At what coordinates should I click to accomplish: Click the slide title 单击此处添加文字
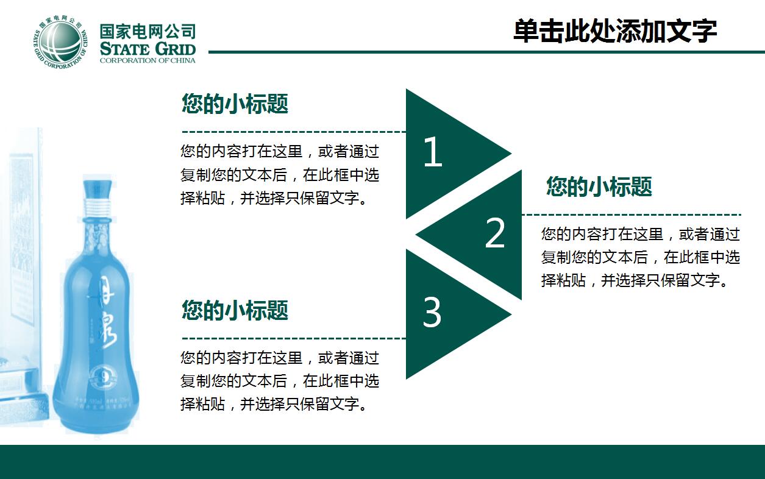[x=614, y=31]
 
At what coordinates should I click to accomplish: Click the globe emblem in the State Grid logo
[x=59, y=41]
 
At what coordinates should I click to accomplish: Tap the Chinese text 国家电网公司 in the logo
[x=148, y=30]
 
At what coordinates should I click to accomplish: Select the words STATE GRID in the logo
[x=148, y=49]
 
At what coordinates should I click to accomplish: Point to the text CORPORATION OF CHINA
[x=148, y=60]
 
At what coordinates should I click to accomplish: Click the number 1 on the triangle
[x=432, y=152]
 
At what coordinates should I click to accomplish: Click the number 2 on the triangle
[x=495, y=233]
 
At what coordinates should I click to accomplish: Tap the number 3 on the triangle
[x=432, y=313]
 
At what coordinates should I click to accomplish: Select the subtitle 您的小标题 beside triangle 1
[x=235, y=104]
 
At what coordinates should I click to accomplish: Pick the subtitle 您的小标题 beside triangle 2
[x=599, y=186]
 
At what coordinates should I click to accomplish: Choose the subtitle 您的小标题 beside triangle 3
[x=235, y=310]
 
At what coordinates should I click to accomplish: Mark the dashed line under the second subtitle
[x=631, y=215]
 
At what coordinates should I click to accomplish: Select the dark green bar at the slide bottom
[x=382, y=461]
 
